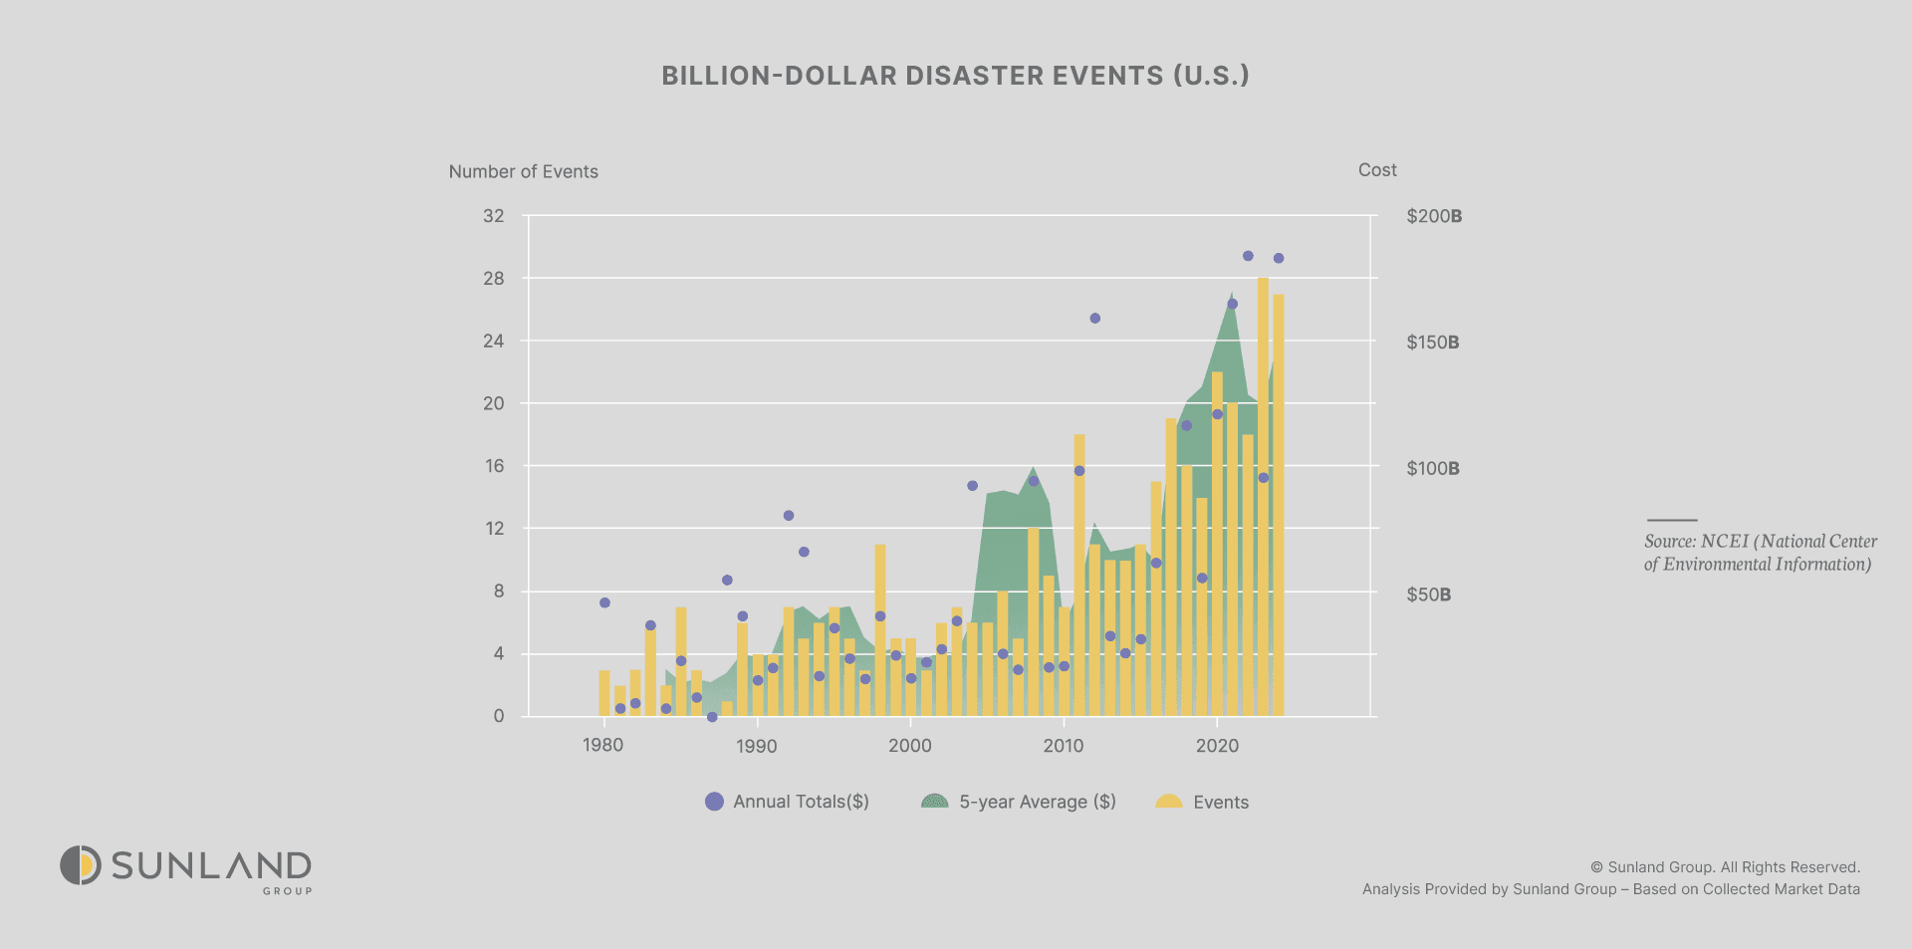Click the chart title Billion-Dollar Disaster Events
[x=955, y=76]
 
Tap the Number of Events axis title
[x=523, y=171]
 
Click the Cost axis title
[x=1377, y=170]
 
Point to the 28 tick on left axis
[x=494, y=279]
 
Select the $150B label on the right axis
[x=1433, y=343]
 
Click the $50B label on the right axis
[x=1429, y=594]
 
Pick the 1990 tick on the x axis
[x=757, y=746]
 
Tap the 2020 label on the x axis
[x=1217, y=746]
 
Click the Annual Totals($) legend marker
[x=714, y=802]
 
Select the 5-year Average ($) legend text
[x=1037, y=802]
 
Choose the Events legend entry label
[x=1220, y=803]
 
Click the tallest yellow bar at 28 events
[x=1263, y=498]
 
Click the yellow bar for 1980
[x=604, y=693]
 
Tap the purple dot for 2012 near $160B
[x=1094, y=319]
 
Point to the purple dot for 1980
[x=604, y=602]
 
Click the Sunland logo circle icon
[x=81, y=865]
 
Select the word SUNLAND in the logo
[x=211, y=865]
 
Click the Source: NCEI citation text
[x=1760, y=553]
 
